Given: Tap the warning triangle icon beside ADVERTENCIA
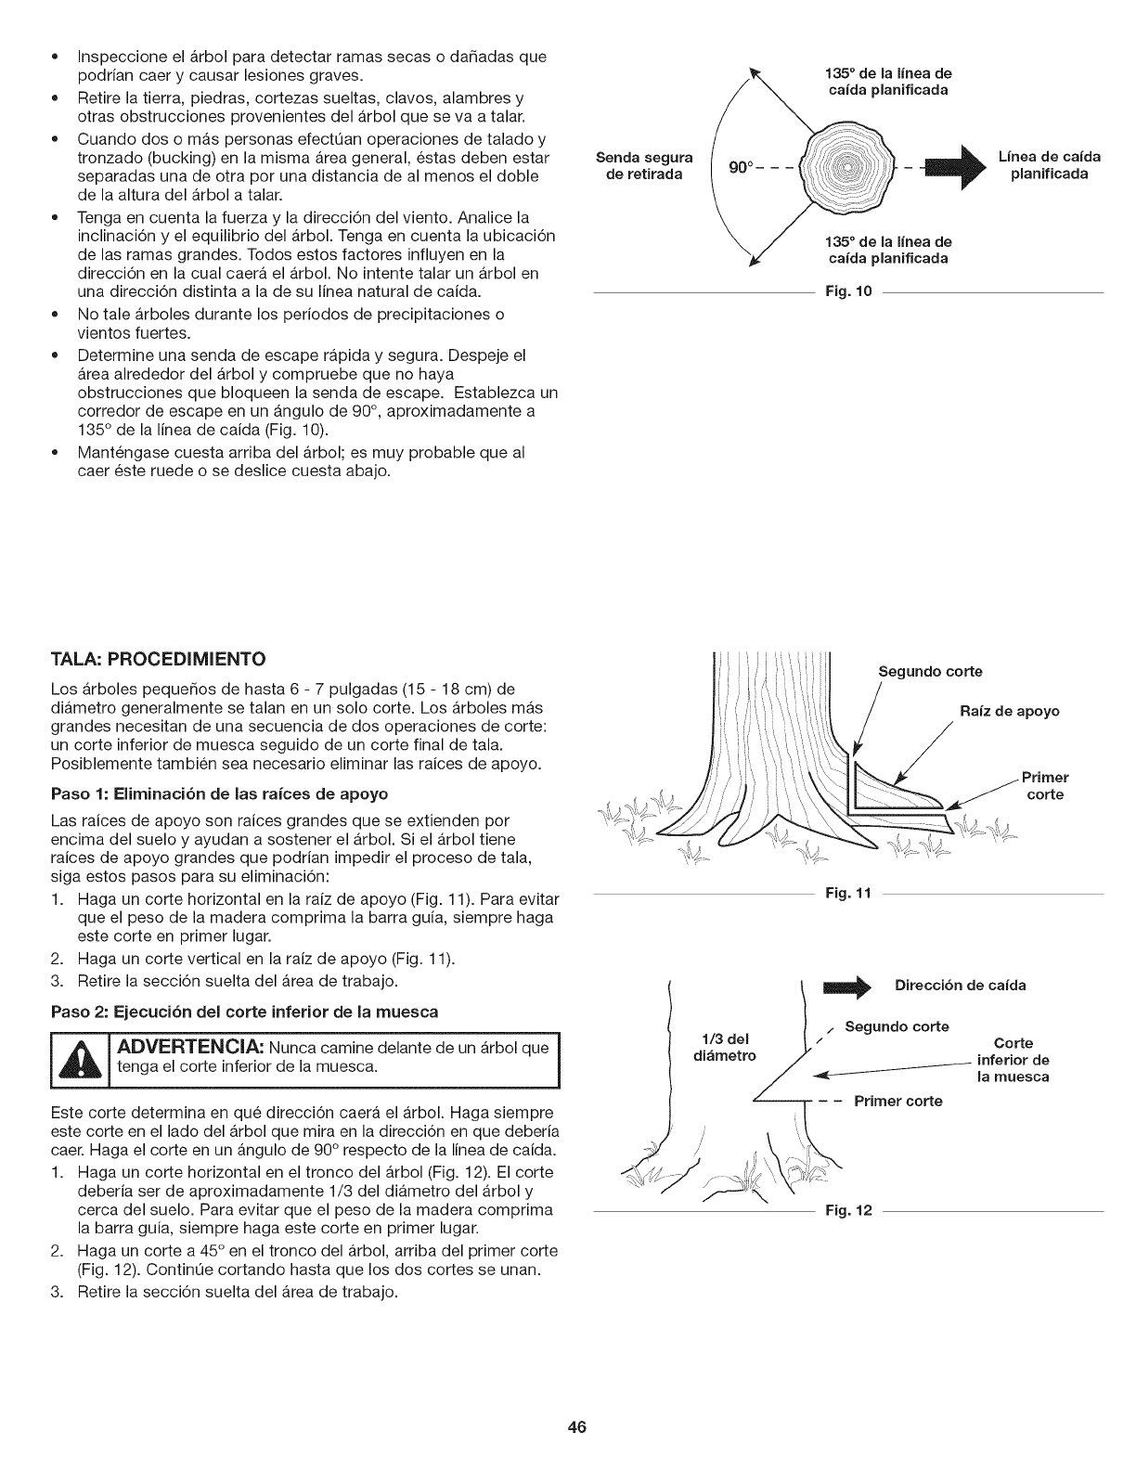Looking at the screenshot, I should pos(78,1059).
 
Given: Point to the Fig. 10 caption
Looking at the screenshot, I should pos(849,293).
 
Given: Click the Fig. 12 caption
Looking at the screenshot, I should pos(848,1213).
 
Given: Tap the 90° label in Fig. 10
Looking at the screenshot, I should pos(740,167).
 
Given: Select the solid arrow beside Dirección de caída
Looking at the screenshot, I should pos(846,986).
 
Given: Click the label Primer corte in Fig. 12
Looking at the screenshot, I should pos(897,1102).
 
